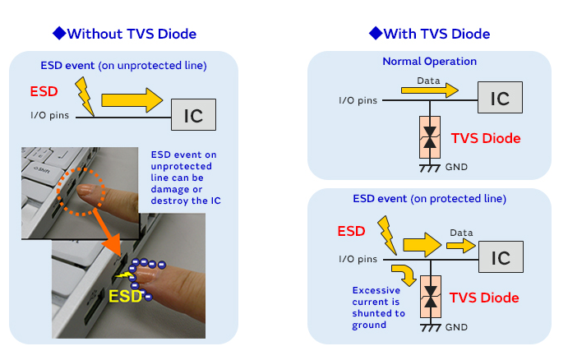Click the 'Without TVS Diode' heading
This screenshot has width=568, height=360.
(x=124, y=34)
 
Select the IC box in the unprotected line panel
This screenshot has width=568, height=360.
(x=193, y=114)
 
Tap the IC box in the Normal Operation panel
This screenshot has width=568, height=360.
(x=500, y=99)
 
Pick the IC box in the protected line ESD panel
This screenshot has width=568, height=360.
(x=500, y=257)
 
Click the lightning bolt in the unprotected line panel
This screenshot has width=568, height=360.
(x=84, y=95)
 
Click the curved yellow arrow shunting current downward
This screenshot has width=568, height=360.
(x=402, y=274)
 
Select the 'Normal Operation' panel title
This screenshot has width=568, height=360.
(x=429, y=62)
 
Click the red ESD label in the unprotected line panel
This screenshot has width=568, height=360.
(x=44, y=90)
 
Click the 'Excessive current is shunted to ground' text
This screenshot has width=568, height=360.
(x=378, y=307)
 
